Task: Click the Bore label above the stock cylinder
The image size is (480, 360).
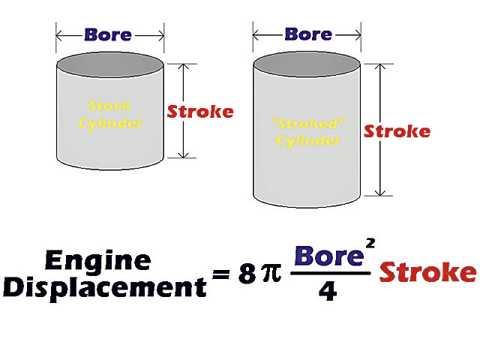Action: point(108,34)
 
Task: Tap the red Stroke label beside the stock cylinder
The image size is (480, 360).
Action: point(200,112)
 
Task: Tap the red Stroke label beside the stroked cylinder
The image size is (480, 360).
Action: point(397,131)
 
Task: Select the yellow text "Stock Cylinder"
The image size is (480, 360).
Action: point(110,114)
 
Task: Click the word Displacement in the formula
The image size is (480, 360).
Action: point(104,287)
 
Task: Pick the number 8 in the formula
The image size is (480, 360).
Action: point(247,274)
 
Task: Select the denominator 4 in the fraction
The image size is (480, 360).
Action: point(328,290)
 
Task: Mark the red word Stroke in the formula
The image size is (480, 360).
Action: point(427,271)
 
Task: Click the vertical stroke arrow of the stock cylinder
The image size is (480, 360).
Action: point(181,111)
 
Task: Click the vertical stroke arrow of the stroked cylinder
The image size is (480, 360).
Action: point(379,130)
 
